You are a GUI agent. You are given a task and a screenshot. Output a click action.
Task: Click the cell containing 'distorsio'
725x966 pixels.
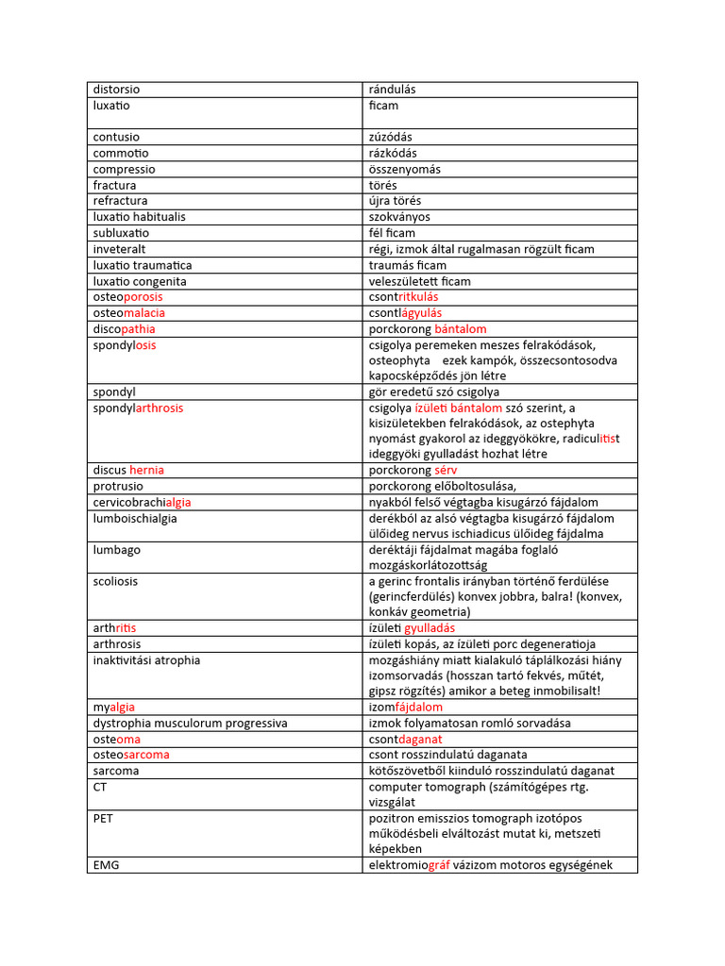click(x=116, y=90)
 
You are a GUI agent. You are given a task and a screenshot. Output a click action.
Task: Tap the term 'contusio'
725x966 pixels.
click(x=116, y=137)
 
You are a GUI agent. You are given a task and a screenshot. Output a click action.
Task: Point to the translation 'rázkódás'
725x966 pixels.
click(x=392, y=153)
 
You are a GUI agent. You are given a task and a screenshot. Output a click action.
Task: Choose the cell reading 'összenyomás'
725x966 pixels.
click(x=404, y=169)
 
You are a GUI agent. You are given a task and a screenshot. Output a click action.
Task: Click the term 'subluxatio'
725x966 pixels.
click(x=121, y=233)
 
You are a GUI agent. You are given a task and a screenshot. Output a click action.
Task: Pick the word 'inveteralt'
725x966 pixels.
click(x=120, y=249)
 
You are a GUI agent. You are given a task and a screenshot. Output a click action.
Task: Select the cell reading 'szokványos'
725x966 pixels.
click(x=400, y=217)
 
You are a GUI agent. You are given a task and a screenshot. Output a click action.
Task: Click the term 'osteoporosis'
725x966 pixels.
click(x=127, y=297)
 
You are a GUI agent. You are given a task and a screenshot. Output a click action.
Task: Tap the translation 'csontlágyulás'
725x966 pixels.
click(x=405, y=313)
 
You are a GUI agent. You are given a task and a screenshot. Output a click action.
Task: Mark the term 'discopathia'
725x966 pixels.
click(x=124, y=329)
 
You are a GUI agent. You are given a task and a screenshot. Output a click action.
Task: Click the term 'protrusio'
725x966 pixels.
click(x=118, y=486)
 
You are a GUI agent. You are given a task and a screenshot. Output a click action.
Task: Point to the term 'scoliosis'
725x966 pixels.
click(x=115, y=581)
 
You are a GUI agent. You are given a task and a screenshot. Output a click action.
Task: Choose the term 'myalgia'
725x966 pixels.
click(x=113, y=707)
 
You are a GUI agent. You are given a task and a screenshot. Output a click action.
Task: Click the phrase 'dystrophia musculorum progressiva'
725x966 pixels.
click(x=190, y=723)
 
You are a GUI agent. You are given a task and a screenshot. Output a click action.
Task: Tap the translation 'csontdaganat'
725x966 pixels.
click(x=406, y=739)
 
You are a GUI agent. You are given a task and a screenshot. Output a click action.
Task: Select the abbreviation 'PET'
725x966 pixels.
click(x=103, y=819)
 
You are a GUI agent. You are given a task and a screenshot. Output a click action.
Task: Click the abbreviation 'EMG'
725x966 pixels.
click(x=105, y=865)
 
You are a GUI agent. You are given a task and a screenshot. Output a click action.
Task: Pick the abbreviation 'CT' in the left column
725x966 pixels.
click(x=100, y=787)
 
